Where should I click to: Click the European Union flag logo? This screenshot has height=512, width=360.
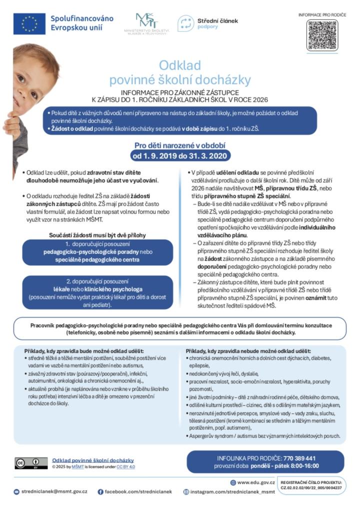point(29,23)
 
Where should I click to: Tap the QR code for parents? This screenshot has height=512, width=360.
point(322,35)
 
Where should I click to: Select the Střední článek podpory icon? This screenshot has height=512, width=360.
point(186,23)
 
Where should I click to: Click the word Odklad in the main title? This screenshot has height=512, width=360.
point(180,65)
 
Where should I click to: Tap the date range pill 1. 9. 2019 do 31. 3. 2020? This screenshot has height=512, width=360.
point(180,156)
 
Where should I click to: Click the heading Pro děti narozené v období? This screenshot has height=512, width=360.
point(180,145)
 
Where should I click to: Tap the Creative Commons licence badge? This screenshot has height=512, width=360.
point(31,463)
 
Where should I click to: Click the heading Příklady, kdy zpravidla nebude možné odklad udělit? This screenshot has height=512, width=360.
point(248,351)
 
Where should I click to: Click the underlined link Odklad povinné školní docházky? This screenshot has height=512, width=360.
point(93,460)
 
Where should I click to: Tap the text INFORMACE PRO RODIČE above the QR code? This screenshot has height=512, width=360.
point(322,14)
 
